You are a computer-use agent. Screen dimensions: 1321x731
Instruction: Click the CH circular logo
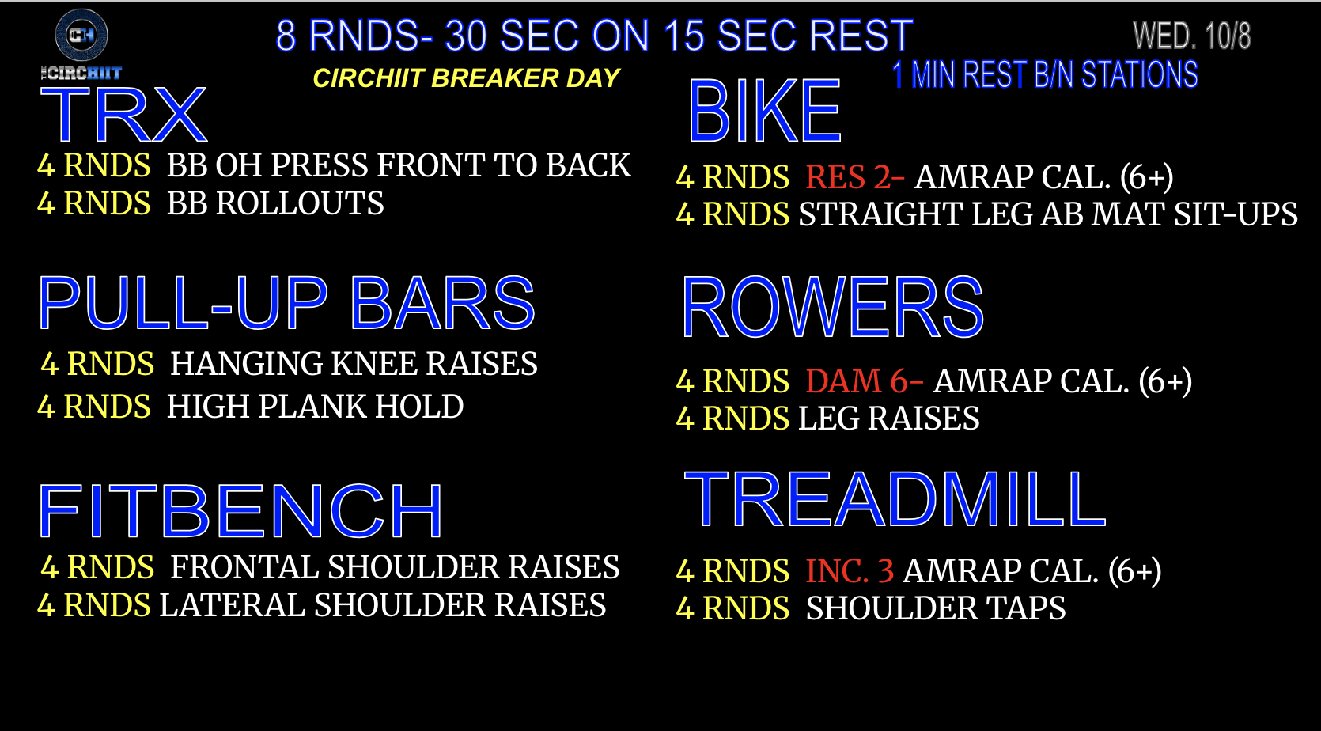click(81, 35)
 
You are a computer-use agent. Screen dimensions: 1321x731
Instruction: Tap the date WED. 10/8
click(1191, 36)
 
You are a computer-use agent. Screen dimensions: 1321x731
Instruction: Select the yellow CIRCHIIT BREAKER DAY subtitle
click(466, 78)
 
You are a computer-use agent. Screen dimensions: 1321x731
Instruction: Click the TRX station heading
click(123, 115)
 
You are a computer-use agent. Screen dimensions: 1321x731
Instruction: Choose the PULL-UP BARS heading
click(286, 303)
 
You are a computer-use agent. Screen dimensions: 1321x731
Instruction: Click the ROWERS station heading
click(833, 307)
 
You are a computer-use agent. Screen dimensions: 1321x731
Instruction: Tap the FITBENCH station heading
click(240, 510)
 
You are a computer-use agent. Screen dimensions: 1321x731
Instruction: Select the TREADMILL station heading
click(895, 499)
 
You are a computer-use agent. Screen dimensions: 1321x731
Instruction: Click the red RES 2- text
click(854, 177)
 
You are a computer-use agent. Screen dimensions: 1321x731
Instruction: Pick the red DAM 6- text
click(864, 381)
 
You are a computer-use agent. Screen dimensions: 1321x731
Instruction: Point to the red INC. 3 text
click(850, 571)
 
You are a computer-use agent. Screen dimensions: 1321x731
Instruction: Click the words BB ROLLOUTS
click(274, 203)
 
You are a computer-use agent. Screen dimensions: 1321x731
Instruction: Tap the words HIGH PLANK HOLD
click(315, 407)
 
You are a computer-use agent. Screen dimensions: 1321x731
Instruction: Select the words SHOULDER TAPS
click(936, 608)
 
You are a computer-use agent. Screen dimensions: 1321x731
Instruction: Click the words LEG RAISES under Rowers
click(889, 419)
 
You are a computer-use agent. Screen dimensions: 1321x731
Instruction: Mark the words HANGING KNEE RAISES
click(354, 363)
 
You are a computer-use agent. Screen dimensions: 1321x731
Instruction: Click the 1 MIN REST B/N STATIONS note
click(1045, 75)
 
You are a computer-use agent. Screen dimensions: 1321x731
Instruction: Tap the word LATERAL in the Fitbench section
click(232, 605)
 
